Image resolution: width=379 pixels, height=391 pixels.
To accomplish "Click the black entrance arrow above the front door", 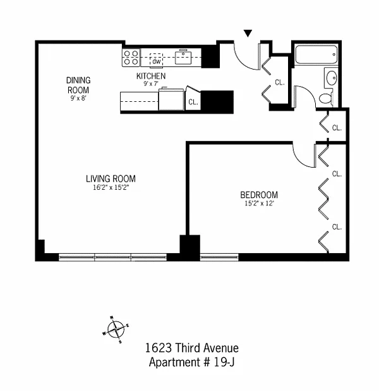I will [248, 33].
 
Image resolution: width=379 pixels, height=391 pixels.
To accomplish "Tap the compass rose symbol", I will [114, 328].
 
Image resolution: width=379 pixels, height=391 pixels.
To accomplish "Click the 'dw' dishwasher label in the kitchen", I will [155, 61].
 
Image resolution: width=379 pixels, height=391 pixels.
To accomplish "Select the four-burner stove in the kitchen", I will [131, 58].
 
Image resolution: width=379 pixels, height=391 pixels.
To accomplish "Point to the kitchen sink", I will [184, 58].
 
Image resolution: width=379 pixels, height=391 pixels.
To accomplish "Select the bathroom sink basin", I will [331, 78].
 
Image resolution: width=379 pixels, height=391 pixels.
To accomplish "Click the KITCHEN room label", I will [151, 76].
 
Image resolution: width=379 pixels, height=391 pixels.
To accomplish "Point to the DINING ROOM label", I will [79, 85].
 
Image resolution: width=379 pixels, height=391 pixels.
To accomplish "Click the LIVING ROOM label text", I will [111, 178].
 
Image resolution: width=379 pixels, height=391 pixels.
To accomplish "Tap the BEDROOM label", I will [259, 195].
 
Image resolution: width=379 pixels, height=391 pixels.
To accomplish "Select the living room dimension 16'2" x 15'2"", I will [111, 187].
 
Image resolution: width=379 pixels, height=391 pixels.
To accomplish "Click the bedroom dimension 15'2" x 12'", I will [259, 204].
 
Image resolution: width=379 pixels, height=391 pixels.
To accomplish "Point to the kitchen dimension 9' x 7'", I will [151, 84].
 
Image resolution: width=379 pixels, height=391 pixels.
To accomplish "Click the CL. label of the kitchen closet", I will [193, 101].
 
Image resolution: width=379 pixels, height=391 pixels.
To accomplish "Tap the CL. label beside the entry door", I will [280, 82].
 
